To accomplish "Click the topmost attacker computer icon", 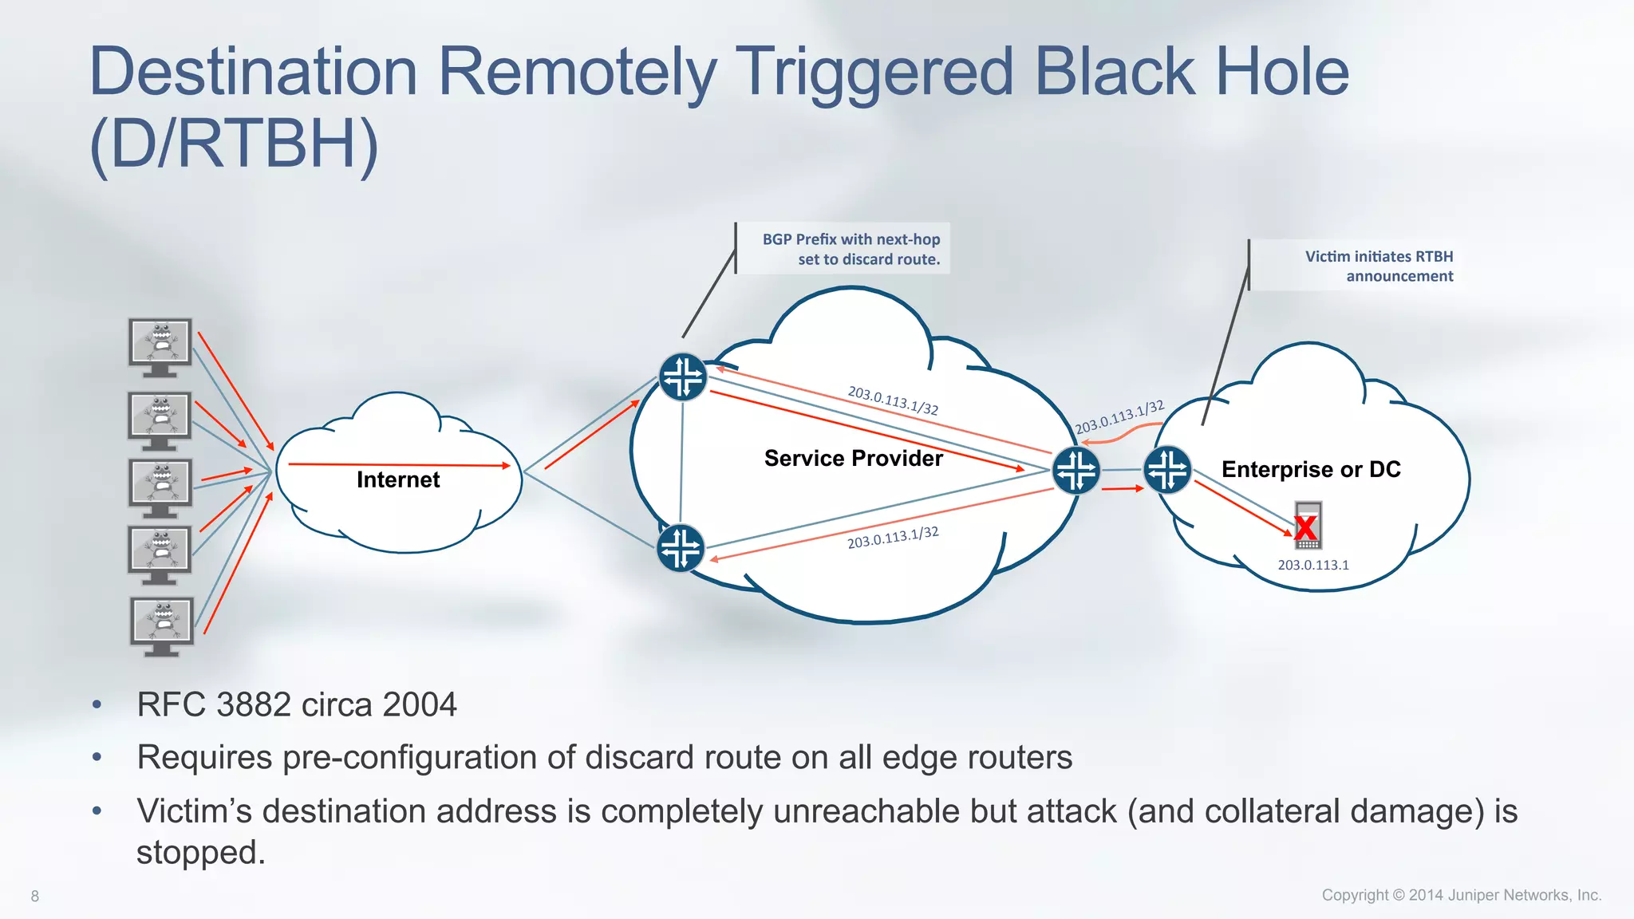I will tap(160, 346).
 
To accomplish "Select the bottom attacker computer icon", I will tap(162, 625).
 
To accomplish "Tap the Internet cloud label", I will tap(397, 479).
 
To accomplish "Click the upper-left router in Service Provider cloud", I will tap(683, 377).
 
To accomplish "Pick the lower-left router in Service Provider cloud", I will tap(681, 548).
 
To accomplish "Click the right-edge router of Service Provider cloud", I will tap(1076, 470).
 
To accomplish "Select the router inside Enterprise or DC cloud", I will tap(1167, 470).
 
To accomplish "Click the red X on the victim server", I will tap(1306, 527).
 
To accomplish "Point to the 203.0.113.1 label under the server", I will tap(1313, 565).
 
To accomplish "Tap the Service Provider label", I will tap(853, 458).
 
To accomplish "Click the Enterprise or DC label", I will tap(1311, 469).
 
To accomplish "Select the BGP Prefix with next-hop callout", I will tap(851, 249).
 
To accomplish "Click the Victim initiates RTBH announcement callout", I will tap(1379, 266).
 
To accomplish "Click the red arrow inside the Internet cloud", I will tap(399, 464).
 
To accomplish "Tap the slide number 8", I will tap(35, 896).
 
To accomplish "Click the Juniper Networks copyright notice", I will tap(1461, 895).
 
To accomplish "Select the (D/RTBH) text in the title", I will tap(234, 144).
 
